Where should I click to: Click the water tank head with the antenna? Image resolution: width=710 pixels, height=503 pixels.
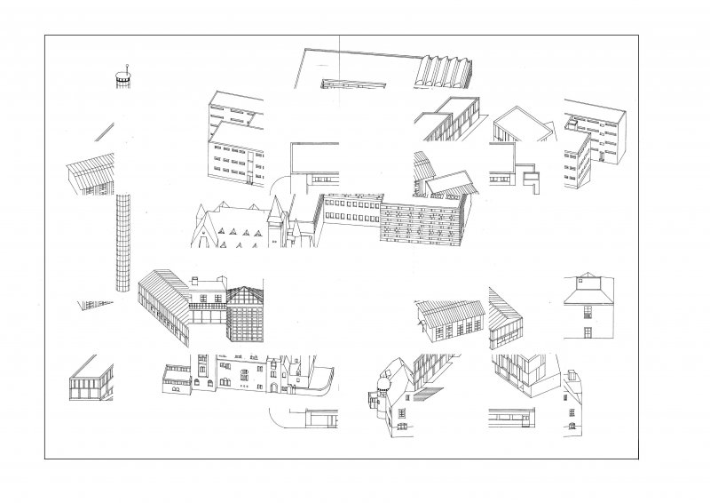(122, 80)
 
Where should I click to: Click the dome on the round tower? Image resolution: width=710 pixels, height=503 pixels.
(383, 384)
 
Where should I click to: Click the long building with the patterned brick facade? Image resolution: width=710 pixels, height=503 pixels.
(422, 222)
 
